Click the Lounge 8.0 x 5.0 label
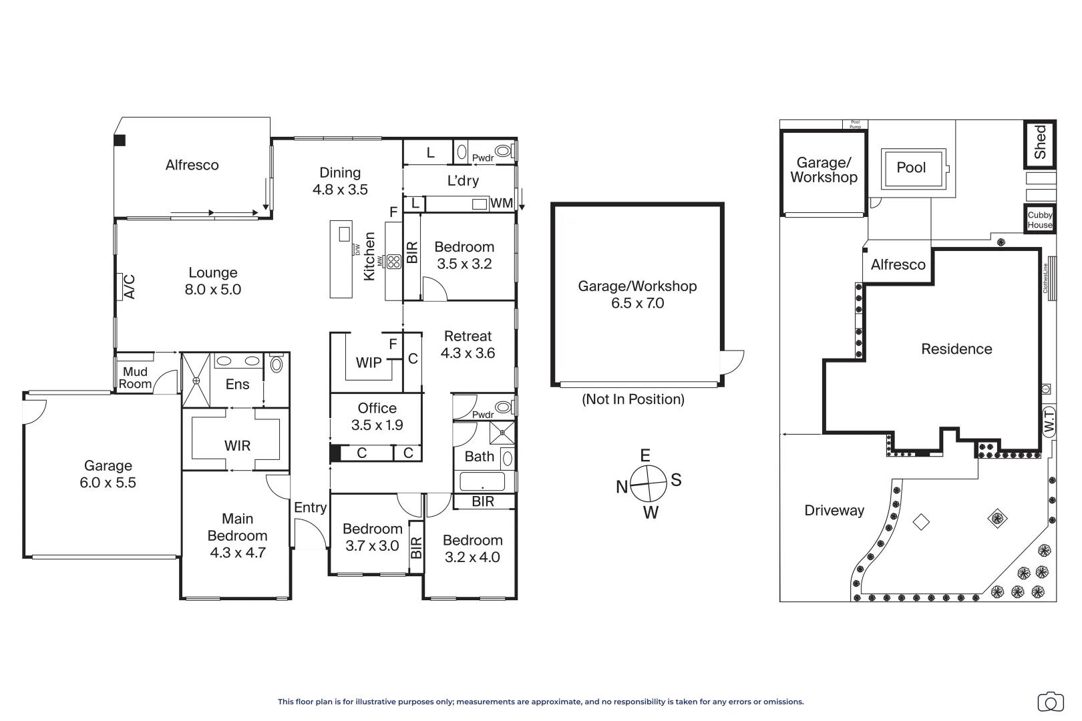pyautogui.click(x=213, y=280)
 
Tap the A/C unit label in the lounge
pyautogui.click(x=129, y=286)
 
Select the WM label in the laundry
pyautogui.click(x=502, y=204)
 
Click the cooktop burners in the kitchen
pyautogui.click(x=393, y=262)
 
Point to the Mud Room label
pyautogui.click(x=135, y=378)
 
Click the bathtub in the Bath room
pyautogui.click(x=482, y=481)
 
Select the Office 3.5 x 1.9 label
pyautogui.click(x=377, y=417)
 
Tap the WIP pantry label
pyautogui.click(x=369, y=363)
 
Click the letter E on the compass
pyautogui.click(x=645, y=455)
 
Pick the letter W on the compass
pyautogui.click(x=651, y=513)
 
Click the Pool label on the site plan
pyautogui.click(x=911, y=167)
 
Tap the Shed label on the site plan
pyautogui.click(x=1039, y=142)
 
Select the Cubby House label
pyautogui.click(x=1040, y=220)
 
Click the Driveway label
pyautogui.click(x=834, y=511)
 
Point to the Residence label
pyautogui.click(x=956, y=348)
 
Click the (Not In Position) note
pyautogui.click(x=633, y=399)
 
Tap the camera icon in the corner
pyautogui.click(x=1051, y=702)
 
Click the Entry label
pyautogui.click(x=310, y=508)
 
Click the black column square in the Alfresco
pyautogui.click(x=120, y=140)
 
